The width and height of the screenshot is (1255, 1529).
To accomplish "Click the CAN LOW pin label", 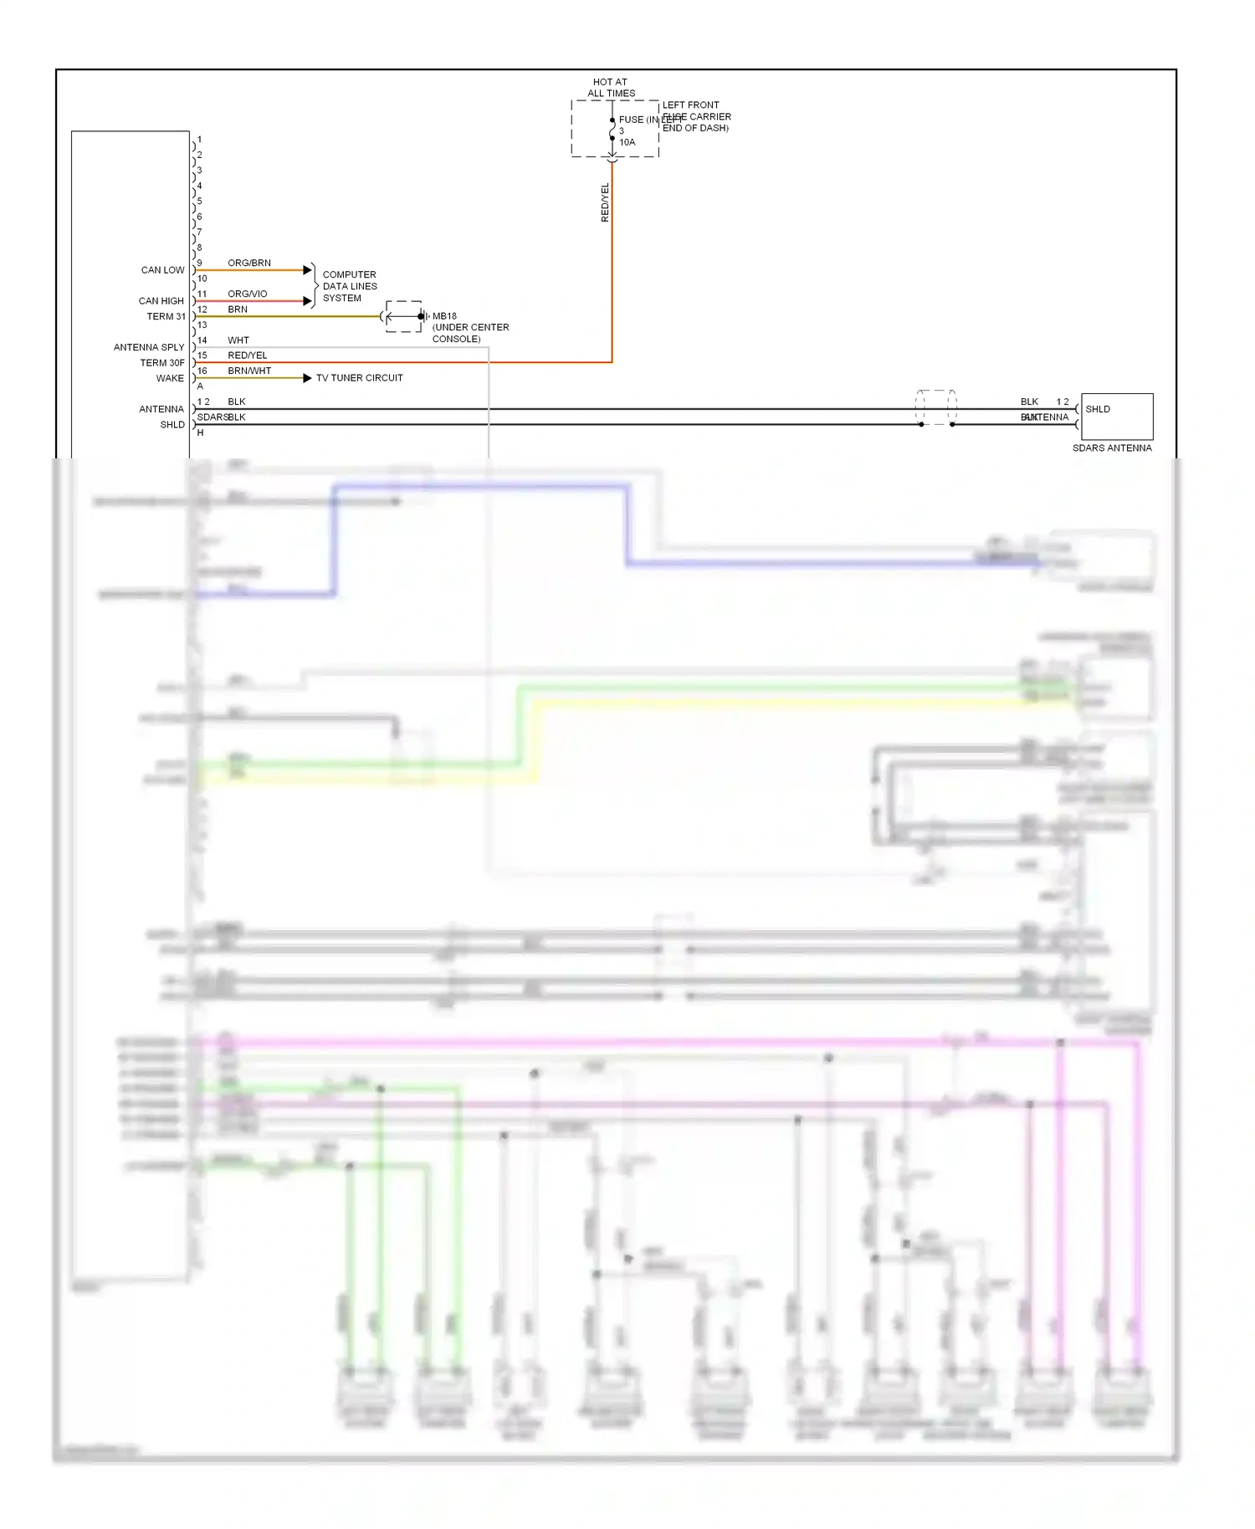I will [x=162, y=270].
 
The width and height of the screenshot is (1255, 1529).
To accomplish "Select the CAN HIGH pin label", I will [x=161, y=301].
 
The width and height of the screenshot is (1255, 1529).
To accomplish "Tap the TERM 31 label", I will [x=166, y=316].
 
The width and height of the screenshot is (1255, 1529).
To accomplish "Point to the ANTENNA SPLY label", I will [x=149, y=347].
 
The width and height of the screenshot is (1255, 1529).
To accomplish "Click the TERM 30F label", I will [x=161, y=363].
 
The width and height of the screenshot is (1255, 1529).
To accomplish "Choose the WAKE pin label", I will [x=170, y=378].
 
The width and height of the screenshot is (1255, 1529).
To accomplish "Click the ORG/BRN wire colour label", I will [x=249, y=263].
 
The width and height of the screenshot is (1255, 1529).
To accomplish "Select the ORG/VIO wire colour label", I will [x=248, y=294].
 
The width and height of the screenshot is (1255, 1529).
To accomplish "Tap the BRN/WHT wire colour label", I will [x=249, y=371].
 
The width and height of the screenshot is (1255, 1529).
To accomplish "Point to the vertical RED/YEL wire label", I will [x=605, y=202].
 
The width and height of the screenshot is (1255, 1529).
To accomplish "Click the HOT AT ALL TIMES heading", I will [x=611, y=88].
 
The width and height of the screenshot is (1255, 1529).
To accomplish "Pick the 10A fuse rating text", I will [x=627, y=142].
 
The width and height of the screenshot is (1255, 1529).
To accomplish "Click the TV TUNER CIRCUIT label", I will [x=359, y=378].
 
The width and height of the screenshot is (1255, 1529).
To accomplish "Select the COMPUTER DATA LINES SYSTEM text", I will [x=350, y=286].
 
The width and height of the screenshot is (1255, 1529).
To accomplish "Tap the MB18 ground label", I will [x=444, y=316].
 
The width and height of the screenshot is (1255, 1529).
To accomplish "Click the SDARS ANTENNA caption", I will [x=1112, y=448].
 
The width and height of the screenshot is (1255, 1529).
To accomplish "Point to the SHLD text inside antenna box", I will [x=1098, y=409].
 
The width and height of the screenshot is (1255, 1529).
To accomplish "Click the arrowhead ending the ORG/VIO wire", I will [x=307, y=301].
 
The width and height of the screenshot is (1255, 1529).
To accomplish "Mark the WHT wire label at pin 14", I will [x=238, y=340].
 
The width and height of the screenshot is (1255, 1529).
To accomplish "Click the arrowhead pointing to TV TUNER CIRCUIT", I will [x=307, y=378].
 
